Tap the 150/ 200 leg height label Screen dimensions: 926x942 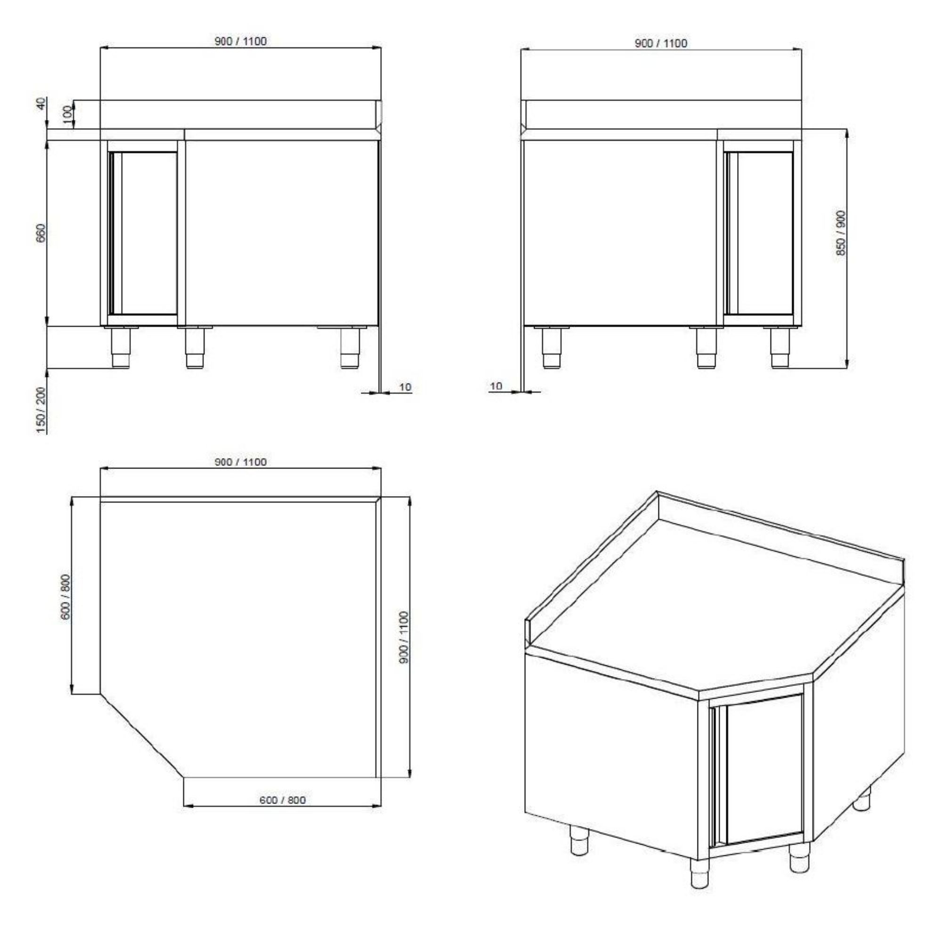41,410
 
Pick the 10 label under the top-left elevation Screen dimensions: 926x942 405,387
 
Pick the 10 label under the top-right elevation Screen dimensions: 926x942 496,386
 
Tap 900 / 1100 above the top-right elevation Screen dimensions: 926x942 661,43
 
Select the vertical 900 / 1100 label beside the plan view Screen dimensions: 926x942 403,636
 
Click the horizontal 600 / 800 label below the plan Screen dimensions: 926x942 282,800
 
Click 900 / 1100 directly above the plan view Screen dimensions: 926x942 240,462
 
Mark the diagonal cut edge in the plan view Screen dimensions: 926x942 142,735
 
